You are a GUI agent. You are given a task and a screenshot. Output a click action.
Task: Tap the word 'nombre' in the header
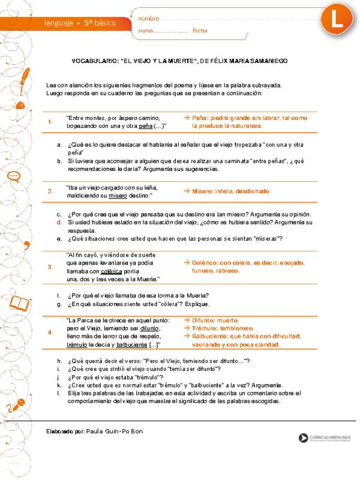pos(149,19)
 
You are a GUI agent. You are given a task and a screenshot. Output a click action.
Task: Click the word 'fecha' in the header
pos(200,31)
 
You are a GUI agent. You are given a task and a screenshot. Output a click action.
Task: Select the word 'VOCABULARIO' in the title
pos(94,61)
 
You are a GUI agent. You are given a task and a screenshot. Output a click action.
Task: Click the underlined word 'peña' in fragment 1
pos(146,126)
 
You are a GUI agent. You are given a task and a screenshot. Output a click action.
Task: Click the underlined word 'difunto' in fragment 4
pos(149,329)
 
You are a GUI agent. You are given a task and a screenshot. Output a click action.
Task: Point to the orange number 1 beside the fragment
pos(50,122)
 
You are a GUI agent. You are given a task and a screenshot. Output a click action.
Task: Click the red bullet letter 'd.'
pos(59,222)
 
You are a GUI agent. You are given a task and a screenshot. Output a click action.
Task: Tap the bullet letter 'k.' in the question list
pos(59,385)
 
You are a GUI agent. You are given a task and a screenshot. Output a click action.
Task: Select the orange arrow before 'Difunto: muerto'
pos(187,320)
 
